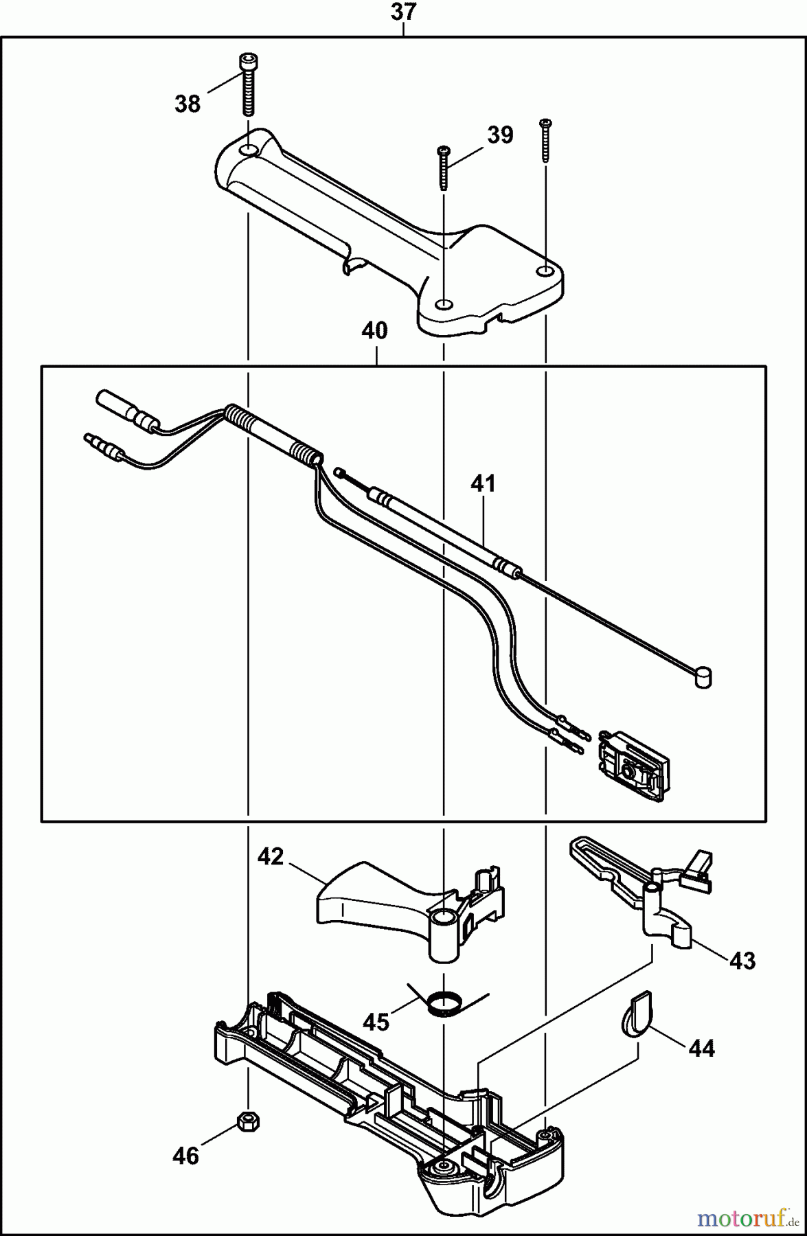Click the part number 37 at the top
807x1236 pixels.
coord(403,12)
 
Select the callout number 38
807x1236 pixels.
coord(187,104)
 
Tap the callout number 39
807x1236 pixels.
coord(500,135)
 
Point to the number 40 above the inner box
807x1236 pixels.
coord(375,331)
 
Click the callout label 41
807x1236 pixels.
coord(482,483)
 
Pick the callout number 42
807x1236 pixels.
coord(271,856)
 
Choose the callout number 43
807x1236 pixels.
coord(742,961)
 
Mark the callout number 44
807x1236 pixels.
coord(701,1048)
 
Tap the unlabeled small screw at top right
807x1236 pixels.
coord(546,141)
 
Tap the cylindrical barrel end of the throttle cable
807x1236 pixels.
coord(702,678)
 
